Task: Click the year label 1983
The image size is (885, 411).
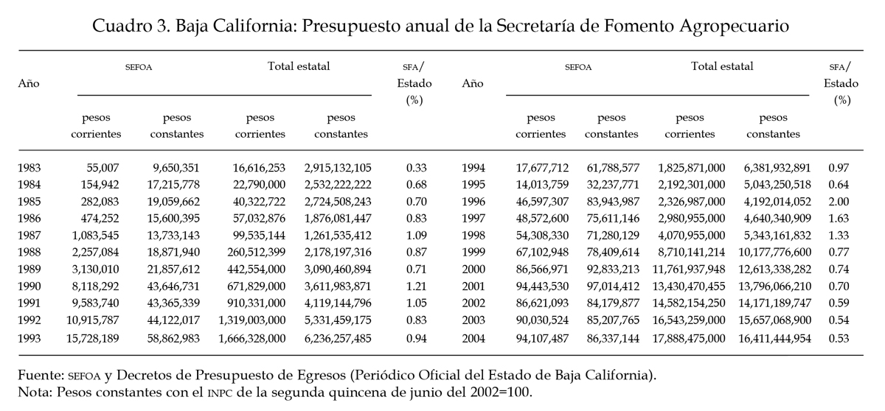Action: point(29,168)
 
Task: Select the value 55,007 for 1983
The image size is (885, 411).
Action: point(103,169)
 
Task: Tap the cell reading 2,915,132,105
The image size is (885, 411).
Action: point(338,169)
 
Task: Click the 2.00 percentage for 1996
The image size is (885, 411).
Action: point(839,202)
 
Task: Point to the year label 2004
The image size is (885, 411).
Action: point(473,339)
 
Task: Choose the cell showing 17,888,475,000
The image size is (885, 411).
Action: point(689,339)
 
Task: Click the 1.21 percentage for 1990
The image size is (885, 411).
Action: point(417,287)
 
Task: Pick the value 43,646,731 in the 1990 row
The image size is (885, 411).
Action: point(173,287)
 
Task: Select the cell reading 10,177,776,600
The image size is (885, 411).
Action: point(775,253)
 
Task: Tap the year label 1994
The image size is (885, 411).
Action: point(473,168)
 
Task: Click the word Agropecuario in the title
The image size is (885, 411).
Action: point(734,27)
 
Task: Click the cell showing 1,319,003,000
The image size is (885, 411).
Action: point(252,320)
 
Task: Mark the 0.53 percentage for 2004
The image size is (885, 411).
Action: point(839,339)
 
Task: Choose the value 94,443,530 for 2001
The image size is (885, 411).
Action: point(542,287)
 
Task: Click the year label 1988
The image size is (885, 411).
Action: point(29,253)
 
